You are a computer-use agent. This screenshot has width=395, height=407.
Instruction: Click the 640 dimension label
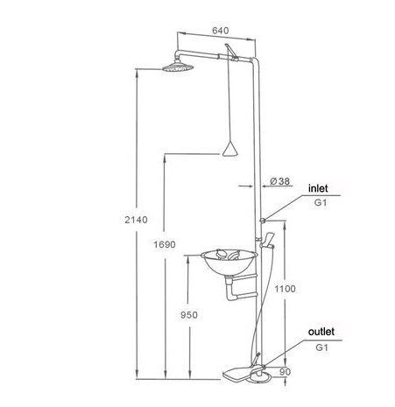[x=221, y=31]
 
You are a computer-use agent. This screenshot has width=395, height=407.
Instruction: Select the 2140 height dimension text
[x=136, y=220]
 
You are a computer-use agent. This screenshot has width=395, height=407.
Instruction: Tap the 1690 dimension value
[x=165, y=244]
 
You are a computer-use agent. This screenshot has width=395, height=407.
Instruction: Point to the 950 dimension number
[x=189, y=315]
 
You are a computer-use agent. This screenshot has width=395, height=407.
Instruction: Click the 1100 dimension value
[x=285, y=289]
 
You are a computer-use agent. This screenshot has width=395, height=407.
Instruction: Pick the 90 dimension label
[x=285, y=372]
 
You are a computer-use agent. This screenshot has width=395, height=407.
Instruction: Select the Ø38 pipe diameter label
[x=280, y=181]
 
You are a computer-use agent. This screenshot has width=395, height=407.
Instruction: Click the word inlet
[x=318, y=188]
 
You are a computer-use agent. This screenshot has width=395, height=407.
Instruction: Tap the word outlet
[x=321, y=332]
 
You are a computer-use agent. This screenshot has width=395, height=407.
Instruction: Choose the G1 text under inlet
[x=321, y=202]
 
